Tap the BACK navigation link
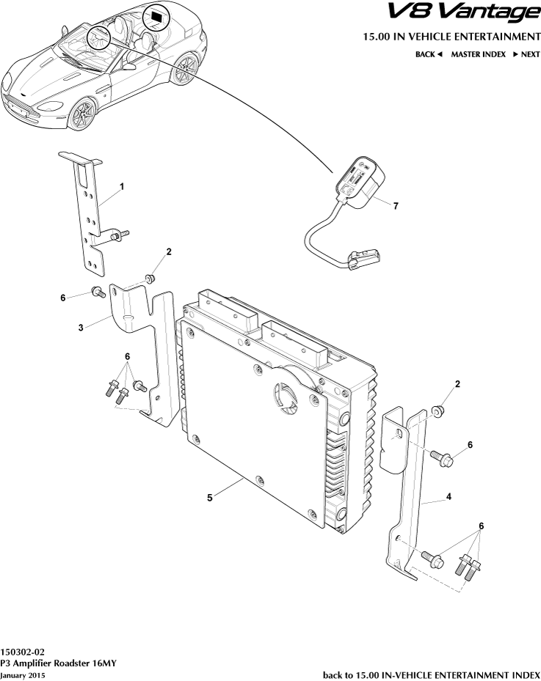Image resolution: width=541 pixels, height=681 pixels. (429, 54)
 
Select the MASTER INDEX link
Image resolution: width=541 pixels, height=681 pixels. (478, 54)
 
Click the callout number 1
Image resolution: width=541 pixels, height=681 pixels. (122, 187)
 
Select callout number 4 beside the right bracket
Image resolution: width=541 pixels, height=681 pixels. (449, 496)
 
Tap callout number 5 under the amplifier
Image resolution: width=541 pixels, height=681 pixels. (210, 497)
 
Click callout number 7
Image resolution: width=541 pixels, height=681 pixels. (396, 206)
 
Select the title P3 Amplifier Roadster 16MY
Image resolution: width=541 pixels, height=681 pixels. (58, 662)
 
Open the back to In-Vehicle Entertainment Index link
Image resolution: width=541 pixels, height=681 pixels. (432, 674)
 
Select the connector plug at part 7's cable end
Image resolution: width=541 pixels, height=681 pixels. (361, 257)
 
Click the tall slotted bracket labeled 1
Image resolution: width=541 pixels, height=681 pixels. (89, 213)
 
